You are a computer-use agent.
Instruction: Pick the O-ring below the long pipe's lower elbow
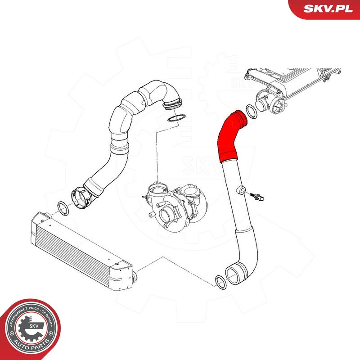220,282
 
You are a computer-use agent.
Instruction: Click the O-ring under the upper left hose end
175,118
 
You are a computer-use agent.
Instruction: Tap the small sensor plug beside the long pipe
259,197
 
